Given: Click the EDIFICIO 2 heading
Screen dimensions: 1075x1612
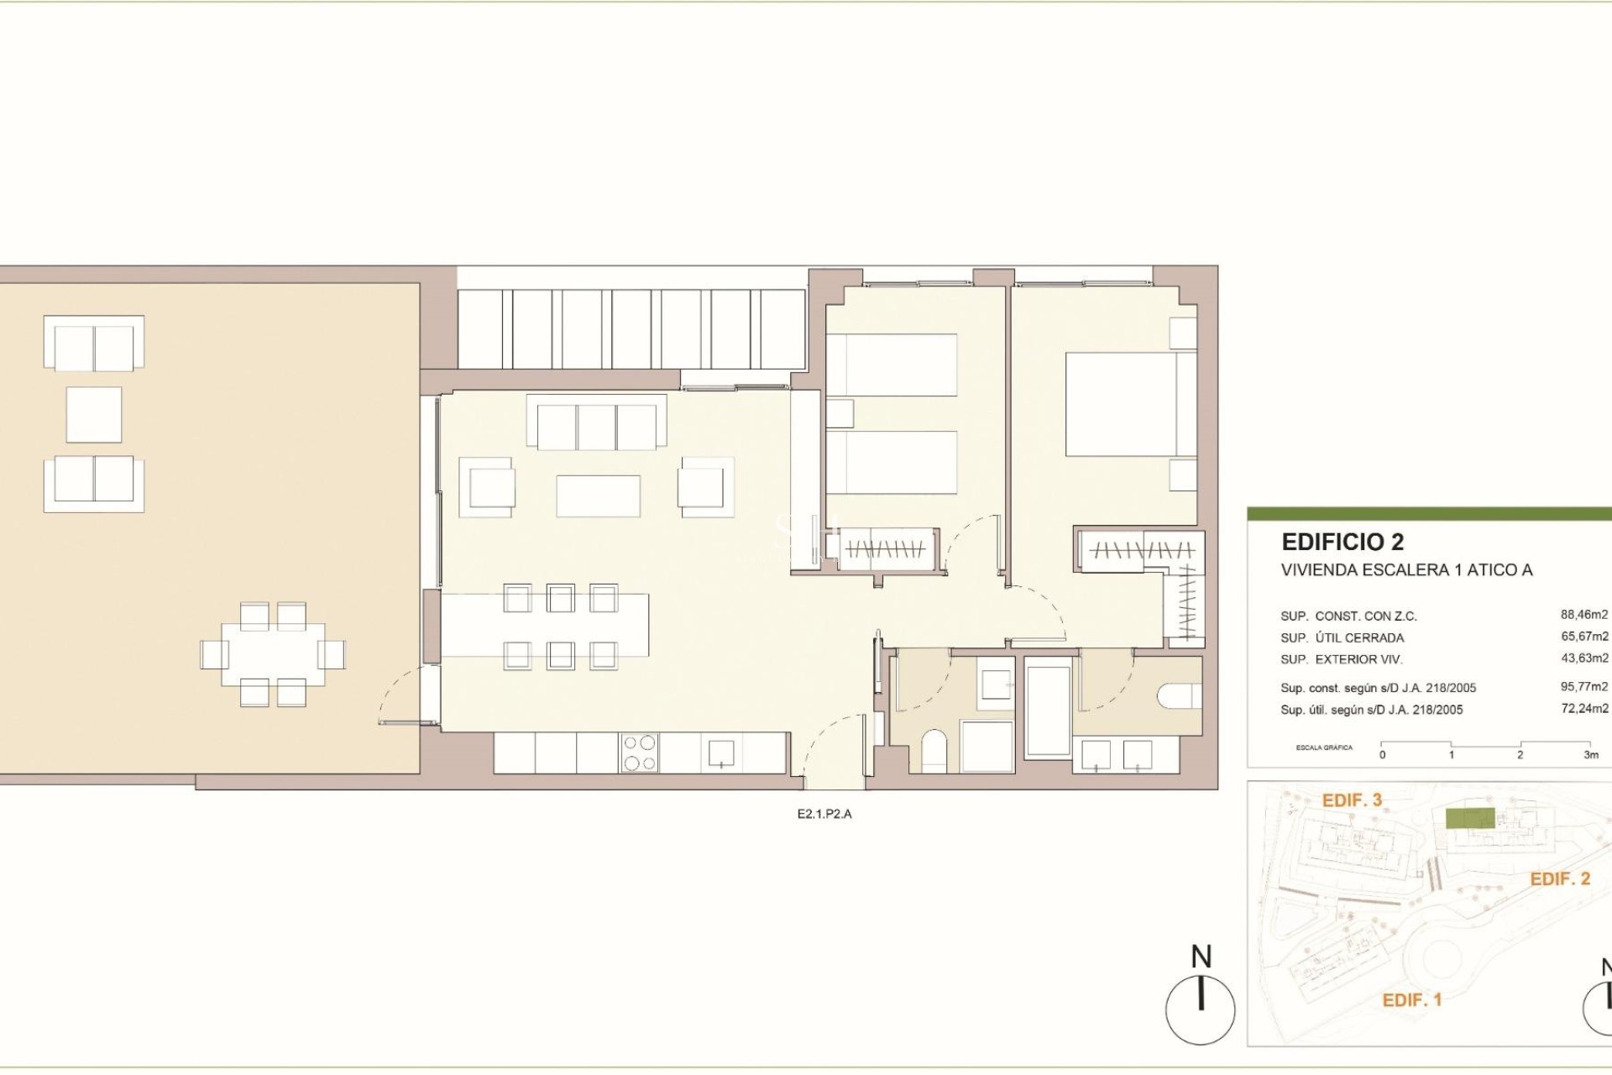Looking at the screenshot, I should tap(1342, 542).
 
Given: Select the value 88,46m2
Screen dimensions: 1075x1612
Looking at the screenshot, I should tap(1583, 615).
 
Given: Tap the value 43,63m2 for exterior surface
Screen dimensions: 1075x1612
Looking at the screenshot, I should tap(1583, 658).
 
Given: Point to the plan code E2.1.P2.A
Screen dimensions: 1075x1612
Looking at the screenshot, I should tap(824, 814).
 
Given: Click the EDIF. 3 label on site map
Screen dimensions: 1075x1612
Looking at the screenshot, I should tap(1351, 800).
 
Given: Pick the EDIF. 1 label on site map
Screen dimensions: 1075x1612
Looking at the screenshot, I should tap(1411, 1000).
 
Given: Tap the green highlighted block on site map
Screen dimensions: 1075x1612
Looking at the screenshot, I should tap(1469, 818).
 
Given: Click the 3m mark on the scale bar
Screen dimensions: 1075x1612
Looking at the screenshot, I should tap(1590, 754).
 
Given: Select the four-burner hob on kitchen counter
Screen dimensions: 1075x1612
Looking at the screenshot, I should tap(639, 752).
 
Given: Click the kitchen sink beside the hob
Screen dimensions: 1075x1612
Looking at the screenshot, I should tap(721, 752).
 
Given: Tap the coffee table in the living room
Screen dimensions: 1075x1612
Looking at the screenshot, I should tap(598, 496).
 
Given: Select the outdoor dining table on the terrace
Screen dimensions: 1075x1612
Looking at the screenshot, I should tap(273, 653).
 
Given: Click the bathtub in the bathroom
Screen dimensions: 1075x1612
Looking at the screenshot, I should tap(1049, 712).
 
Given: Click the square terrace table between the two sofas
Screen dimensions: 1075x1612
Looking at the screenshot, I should tap(93, 414).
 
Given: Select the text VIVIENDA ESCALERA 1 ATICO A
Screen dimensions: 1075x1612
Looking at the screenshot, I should tap(1406, 570).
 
